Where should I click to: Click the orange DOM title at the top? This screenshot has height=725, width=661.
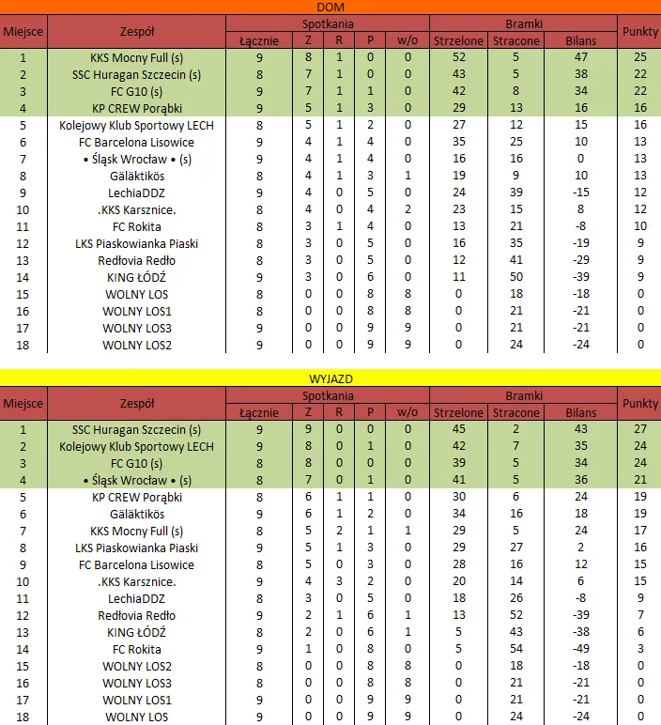(x=330, y=8)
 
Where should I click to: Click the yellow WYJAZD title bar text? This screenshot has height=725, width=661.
(x=330, y=378)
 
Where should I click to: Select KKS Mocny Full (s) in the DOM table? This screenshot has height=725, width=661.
(x=138, y=58)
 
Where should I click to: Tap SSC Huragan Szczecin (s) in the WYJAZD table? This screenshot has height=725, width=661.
(x=138, y=429)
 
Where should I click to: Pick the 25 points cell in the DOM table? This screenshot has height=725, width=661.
(x=639, y=58)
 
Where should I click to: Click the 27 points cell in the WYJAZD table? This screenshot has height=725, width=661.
(x=639, y=429)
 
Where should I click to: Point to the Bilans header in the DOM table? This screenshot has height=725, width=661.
(x=581, y=41)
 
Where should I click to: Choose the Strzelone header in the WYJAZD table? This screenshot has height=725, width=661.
(x=457, y=412)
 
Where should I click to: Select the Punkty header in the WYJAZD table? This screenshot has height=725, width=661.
(x=639, y=404)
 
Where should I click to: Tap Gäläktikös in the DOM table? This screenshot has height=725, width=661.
(x=138, y=177)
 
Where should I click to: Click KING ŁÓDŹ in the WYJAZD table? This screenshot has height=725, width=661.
(x=138, y=632)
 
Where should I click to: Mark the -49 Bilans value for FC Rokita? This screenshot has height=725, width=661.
(x=581, y=649)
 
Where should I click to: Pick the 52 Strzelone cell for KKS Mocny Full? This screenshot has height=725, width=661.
(x=457, y=58)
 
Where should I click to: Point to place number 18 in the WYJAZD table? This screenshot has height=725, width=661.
(x=23, y=717)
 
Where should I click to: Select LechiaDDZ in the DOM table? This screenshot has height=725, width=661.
(x=138, y=193)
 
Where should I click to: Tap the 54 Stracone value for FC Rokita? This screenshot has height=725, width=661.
(x=516, y=649)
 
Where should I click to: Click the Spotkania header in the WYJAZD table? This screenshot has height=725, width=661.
(x=329, y=395)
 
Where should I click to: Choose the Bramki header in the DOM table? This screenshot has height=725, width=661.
(x=522, y=24)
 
